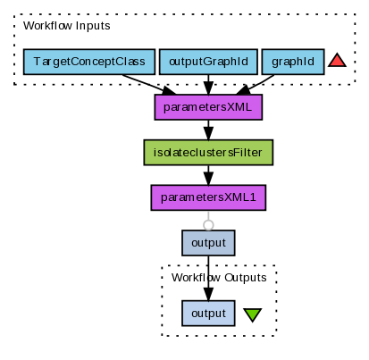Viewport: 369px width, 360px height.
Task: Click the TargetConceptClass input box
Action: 89,62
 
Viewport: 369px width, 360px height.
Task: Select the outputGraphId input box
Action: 208,62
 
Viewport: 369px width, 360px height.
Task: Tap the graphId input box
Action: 293,62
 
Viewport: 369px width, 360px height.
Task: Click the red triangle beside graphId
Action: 337,61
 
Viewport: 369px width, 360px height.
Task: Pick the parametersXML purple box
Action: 208,107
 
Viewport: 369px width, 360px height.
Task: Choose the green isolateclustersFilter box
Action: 208,153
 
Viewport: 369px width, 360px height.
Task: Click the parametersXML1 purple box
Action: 208,197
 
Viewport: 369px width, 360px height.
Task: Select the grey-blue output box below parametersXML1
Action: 208,243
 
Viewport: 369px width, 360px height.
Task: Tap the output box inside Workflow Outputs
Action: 208,314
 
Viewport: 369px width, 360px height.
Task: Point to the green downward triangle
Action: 253,314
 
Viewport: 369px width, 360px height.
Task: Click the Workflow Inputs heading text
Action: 67,26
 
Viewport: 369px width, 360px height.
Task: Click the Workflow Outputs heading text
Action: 219,278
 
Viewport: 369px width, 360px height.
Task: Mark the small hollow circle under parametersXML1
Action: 208,225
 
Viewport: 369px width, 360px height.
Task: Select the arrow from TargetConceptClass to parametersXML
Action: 149,85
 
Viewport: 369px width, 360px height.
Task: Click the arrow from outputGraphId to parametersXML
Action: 208,85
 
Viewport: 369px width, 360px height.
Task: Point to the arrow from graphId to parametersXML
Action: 255,85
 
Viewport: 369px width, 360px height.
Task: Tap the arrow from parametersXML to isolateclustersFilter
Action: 208,130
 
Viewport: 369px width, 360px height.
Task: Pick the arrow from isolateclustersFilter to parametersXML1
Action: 208,175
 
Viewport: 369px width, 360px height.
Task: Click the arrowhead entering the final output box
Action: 208,295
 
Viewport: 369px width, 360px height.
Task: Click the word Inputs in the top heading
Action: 93,26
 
